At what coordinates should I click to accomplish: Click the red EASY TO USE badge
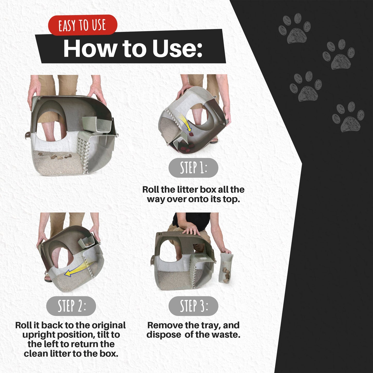83,25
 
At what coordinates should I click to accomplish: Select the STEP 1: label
193,168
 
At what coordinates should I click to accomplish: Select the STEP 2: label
71,306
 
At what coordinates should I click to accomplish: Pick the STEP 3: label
193,306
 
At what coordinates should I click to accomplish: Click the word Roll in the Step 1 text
151,189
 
